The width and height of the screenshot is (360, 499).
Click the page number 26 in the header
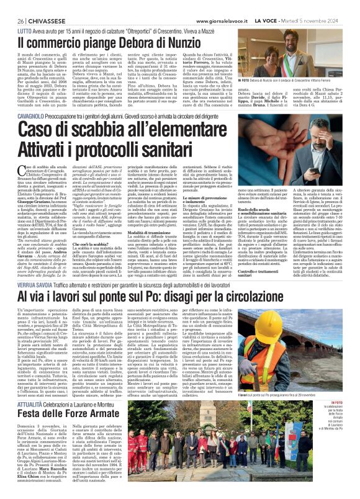[12, 6]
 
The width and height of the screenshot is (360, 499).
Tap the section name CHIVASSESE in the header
[43, 6]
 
